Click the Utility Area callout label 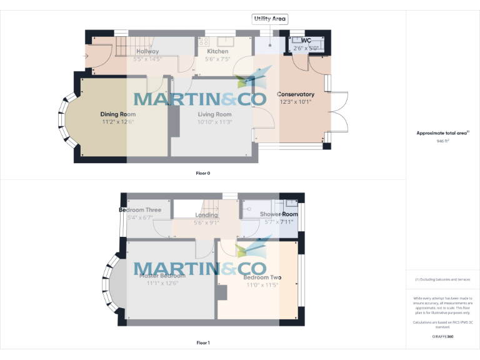270,19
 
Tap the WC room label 306,40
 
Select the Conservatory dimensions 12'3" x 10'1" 295,102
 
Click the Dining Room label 118,114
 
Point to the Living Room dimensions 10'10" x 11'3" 214,122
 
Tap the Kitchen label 217,51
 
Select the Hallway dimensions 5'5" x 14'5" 147,59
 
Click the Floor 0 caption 202,172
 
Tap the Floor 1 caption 202,342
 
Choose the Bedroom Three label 140,210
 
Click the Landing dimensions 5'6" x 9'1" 206,222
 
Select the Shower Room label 279,214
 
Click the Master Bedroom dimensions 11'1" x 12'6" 162,283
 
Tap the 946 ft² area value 443,141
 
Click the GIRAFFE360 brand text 443,336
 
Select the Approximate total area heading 443,133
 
